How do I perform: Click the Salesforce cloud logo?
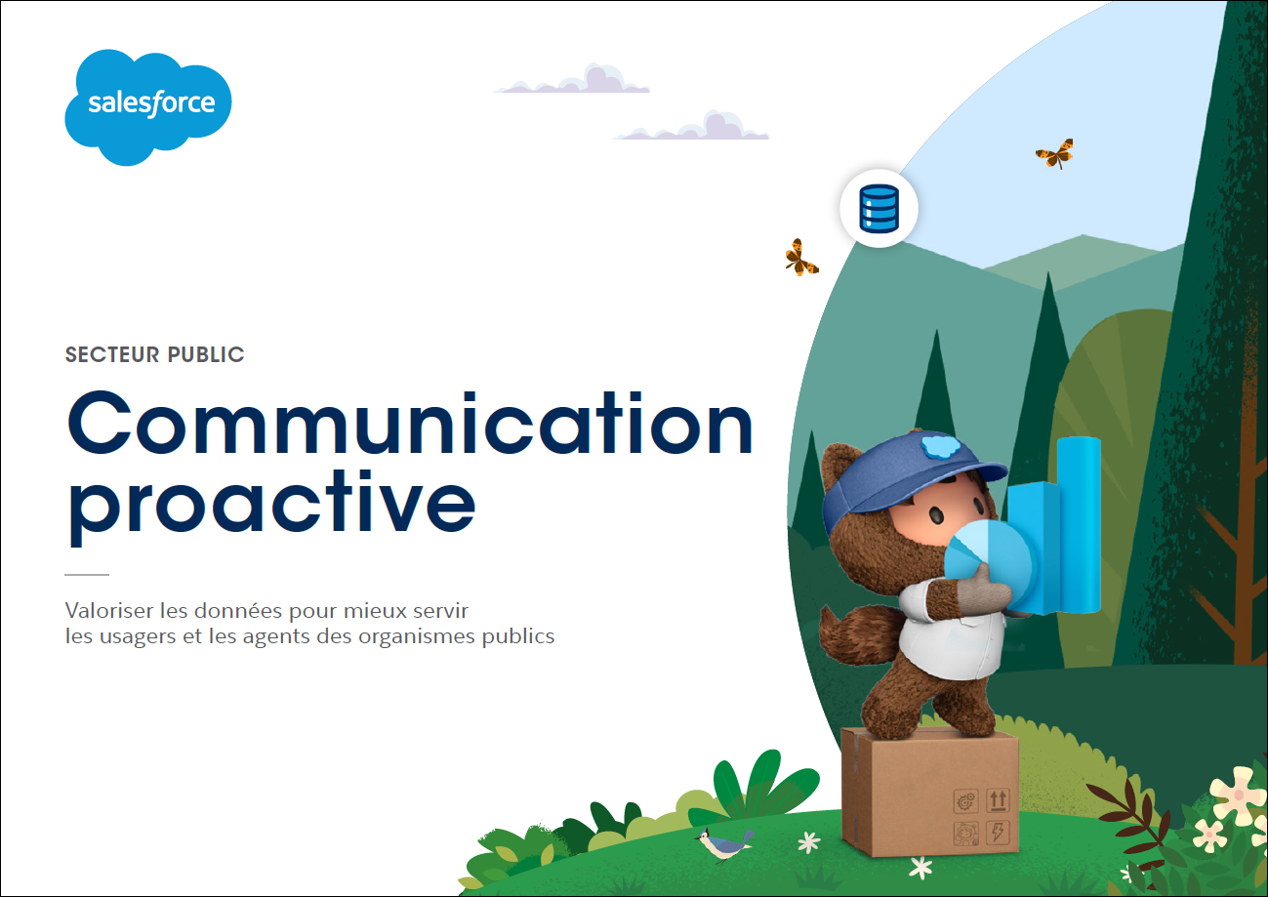point(148,107)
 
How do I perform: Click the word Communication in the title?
point(410,424)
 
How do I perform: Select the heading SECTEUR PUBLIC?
point(154,355)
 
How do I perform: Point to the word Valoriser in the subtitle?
point(110,611)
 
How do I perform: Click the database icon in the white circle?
point(879,208)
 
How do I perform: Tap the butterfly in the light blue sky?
point(1055,153)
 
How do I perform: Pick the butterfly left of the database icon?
point(800,258)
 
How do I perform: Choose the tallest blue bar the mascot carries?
point(1079,523)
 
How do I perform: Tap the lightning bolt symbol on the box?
point(998,832)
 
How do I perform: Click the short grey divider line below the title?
point(87,575)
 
